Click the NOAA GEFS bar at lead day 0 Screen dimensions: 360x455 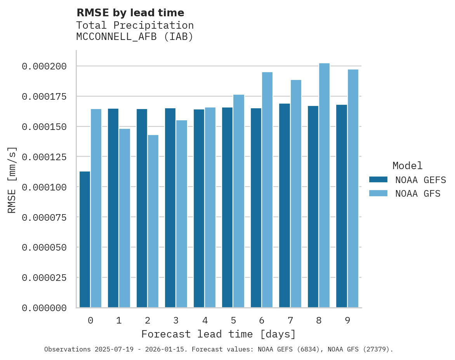point(85,239)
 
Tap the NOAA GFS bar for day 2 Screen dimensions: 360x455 point(153,221)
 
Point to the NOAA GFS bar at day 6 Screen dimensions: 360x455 point(267,190)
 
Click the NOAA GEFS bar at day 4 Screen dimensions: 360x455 point(199,208)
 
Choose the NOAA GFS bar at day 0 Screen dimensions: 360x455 point(96,208)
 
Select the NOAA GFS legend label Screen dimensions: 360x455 point(418,193)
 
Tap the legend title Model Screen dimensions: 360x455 point(407,166)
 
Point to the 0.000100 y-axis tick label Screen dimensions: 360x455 point(44,187)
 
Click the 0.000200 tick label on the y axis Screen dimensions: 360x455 point(44,66)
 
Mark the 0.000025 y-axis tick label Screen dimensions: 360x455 point(44,278)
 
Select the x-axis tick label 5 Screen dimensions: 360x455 point(233,320)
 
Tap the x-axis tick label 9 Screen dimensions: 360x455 point(347,320)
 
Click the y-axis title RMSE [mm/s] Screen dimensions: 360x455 point(12,180)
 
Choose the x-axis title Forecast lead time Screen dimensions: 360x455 point(219,334)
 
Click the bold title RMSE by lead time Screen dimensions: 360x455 point(130,13)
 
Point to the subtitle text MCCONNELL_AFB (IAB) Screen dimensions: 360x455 point(135,37)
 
